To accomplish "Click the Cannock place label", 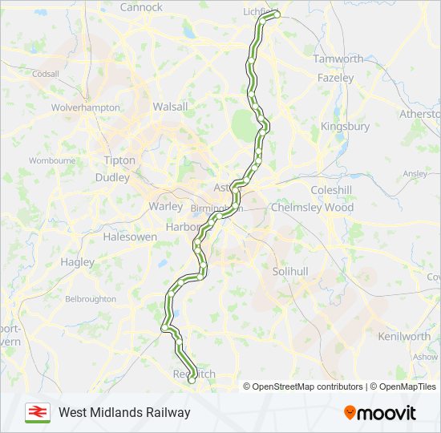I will coord(141,7).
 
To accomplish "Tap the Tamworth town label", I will coord(338,59).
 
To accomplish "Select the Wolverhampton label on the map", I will coord(86,107).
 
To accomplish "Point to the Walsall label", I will coord(170,107).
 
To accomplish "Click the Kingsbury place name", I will coord(345,127).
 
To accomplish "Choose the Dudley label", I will coord(111,177).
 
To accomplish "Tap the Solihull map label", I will coord(290,272).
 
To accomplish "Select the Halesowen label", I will coord(130,237).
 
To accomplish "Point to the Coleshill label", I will coord(331,190).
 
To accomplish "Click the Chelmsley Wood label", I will coord(312,207).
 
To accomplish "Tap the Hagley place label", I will coord(77,261).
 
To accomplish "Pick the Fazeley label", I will coord(335,79).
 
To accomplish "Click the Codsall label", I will coord(46,74).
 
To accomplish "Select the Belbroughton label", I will coord(91,298).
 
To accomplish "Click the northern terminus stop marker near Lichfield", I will coord(277,14).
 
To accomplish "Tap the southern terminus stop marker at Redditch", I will coord(192,381).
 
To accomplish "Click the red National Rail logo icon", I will coord(37,412).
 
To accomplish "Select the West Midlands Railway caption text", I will coord(124,412).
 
